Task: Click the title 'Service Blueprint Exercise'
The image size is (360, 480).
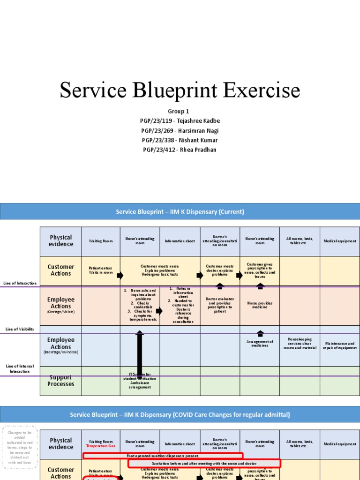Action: (180, 90)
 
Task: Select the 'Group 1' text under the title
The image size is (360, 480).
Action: (180, 112)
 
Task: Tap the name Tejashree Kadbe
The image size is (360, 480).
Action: (180, 121)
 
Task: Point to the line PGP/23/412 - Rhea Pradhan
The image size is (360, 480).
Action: (180, 150)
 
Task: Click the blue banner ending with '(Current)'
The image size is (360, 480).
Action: (180, 212)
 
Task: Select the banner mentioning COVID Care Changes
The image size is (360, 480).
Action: (180, 415)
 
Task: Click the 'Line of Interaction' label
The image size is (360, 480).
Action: (20, 283)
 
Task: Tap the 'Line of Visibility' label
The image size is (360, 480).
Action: (20, 329)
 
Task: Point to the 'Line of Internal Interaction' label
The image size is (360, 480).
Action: (20, 368)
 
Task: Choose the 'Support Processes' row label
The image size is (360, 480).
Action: (60, 381)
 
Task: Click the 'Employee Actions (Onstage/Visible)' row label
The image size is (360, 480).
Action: (60, 305)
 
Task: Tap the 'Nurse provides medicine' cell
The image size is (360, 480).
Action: (260, 305)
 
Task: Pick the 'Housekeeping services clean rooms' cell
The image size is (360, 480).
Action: (300, 344)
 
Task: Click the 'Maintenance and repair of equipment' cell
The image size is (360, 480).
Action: (340, 346)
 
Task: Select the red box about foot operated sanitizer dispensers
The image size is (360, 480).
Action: (163, 456)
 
